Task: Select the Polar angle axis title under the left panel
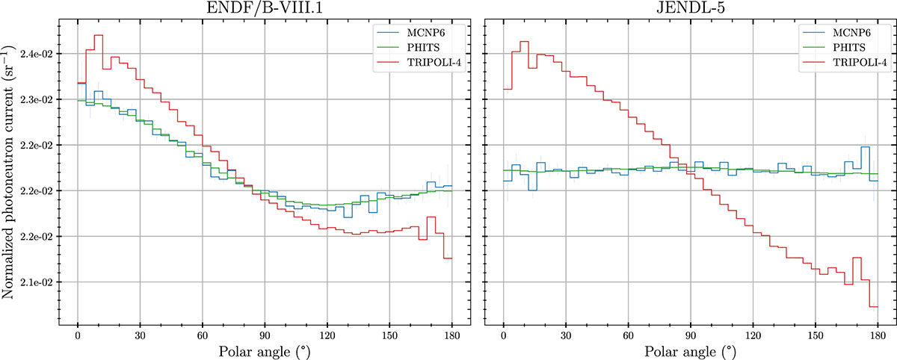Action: pos(265,350)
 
